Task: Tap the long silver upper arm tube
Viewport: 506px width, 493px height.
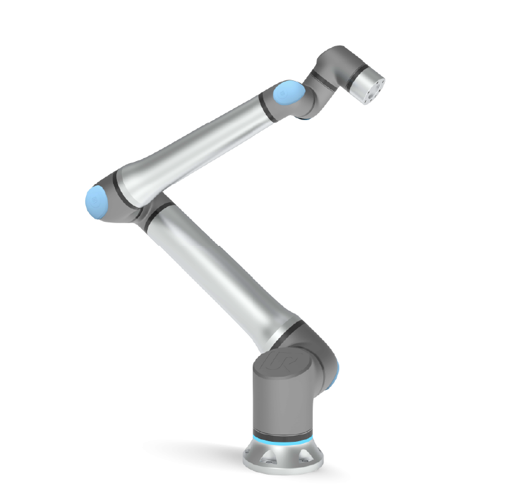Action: [x=215, y=265]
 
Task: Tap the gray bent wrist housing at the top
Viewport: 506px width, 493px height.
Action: [x=335, y=63]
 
